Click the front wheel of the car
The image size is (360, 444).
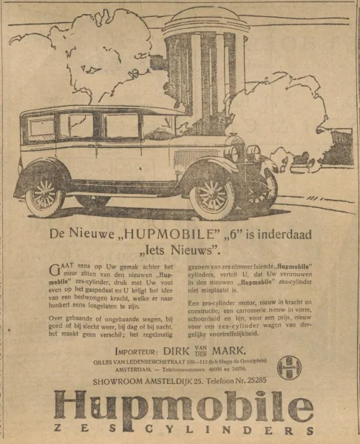(211, 195)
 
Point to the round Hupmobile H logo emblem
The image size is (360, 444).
(289, 367)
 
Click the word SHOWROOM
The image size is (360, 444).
(120, 380)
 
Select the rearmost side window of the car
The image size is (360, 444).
(42, 127)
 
